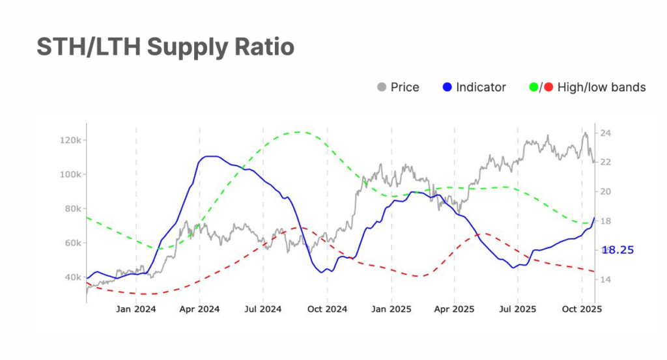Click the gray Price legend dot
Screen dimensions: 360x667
[382, 87]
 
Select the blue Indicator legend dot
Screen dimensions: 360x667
[447, 87]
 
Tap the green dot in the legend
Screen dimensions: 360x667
[533, 87]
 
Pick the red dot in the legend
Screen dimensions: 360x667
[548, 87]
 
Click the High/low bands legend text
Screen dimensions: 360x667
[601, 87]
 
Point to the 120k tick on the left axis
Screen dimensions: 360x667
[68, 141]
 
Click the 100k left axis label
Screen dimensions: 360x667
[68, 174]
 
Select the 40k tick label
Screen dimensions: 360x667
[71, 277]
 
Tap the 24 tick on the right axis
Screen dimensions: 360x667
[604, 133]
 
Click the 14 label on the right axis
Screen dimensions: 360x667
[604, 280]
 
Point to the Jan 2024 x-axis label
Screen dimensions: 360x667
[135, 309]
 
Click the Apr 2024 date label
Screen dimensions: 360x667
[199, 309]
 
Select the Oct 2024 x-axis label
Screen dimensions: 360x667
[326, 309]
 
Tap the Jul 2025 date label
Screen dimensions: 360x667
[517, 309]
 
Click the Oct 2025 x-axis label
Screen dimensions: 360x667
[580, 309]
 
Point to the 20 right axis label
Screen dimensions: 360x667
[604, 192]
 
